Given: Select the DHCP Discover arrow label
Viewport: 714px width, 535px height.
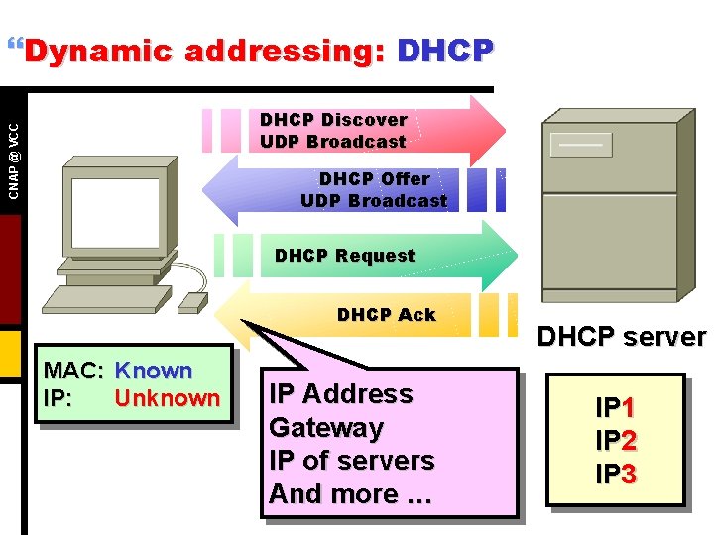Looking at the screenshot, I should [x=333, y=130].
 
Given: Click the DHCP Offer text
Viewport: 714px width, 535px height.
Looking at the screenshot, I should [x=374, y=189].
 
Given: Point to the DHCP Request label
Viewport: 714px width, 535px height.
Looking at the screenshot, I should [x=344, y=256].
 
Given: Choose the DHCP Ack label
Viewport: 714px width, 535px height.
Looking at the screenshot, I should [x=386, y=315].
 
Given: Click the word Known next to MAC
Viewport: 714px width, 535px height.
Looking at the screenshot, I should [x=154, y=372].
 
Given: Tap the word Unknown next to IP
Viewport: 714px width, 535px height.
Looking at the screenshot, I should [x=168, y=398].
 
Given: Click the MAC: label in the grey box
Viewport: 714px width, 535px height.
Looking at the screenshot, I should [x=75, y=372].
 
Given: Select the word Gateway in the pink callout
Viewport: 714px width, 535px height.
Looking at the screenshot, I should [x=326, y=428].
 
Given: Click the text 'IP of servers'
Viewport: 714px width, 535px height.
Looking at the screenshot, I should [x=352, y=461].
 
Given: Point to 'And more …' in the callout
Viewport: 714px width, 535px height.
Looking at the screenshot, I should [x=350, y=493].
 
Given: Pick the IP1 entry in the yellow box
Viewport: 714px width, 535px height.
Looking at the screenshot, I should [x=615, y=407].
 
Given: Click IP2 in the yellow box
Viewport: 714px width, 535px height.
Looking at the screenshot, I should [x=615, y=441].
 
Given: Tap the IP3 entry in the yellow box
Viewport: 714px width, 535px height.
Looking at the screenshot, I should [x=615, y=475].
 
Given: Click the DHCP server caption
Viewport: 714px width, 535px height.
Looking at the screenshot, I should [x=621, y=337].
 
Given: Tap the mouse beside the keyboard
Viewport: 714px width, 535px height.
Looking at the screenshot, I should [x=195, y=300].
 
